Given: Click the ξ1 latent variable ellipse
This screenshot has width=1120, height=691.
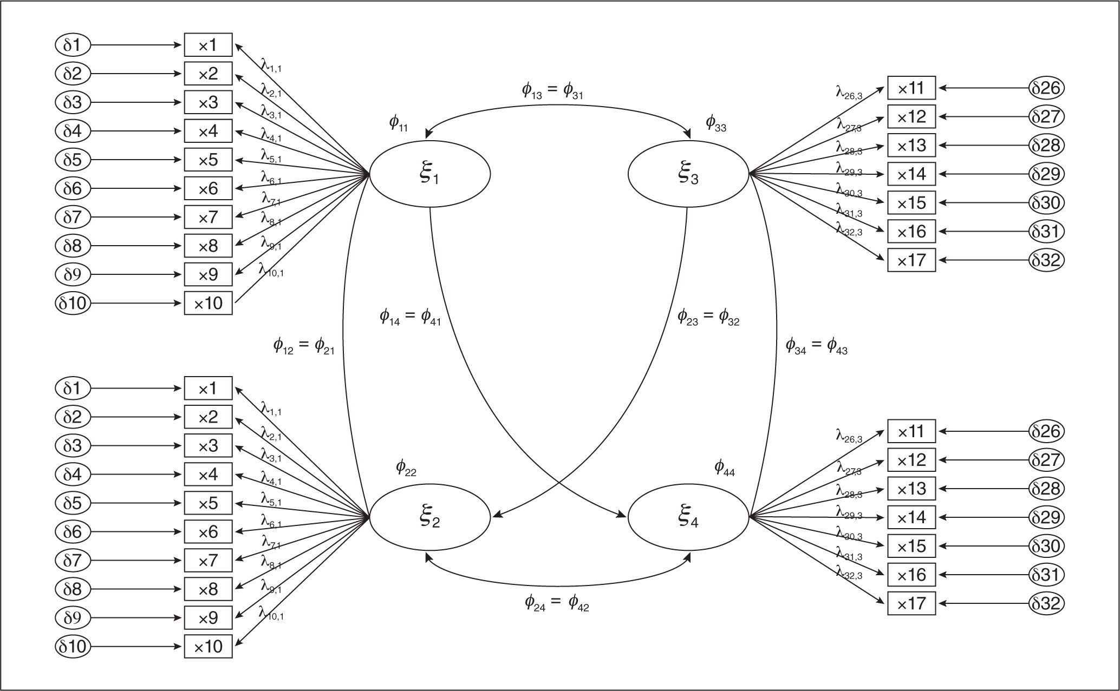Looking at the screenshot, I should pos(430,174).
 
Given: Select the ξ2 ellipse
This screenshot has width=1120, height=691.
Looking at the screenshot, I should pos(430,517).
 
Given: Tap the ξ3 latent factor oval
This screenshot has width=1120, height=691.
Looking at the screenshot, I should pos(688,174).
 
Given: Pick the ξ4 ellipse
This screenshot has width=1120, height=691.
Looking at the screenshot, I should pos(688,517).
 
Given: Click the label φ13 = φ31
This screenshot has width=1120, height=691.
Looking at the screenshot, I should pos(552,91).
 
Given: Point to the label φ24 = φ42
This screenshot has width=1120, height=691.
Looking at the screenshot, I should pos(556,602).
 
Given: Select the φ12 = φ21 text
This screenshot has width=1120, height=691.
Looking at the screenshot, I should pos(303,346).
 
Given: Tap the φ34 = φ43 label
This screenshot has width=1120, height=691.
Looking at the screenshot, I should pos(816,346).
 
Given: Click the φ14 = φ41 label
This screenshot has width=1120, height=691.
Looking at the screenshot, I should pos(410,317).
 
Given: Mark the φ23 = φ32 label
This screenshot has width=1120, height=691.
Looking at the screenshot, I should pos(708,317).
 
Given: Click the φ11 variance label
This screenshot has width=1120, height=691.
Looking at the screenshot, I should pos(398,124).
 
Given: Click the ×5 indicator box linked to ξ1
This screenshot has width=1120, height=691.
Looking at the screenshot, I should pos(208,160).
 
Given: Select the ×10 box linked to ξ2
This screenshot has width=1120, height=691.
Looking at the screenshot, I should pos(208,646).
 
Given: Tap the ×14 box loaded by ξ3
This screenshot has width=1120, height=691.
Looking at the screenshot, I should pos(911,174).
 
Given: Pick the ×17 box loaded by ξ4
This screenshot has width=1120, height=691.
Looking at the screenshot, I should pos(911,603).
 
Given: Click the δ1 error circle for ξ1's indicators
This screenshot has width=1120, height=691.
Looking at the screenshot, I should pos(72,45).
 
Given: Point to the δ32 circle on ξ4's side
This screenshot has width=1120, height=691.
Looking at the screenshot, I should pos(1046,603).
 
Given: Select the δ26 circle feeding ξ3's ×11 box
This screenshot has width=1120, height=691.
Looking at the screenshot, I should pos(1046,88).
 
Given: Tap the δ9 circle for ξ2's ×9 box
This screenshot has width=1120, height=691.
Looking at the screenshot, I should pos(72,617).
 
